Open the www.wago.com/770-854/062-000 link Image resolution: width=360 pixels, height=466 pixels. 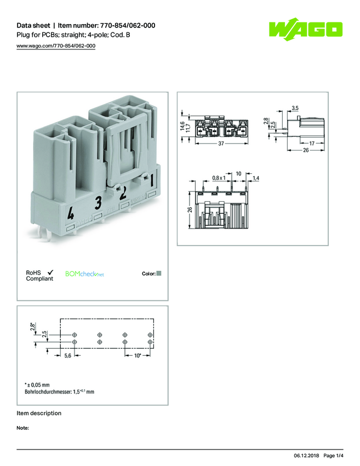(56, 46)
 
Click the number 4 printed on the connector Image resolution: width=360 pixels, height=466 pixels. (70, 213)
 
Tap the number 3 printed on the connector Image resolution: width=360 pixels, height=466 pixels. (98, 202)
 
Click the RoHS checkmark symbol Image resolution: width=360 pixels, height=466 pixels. (50, 272)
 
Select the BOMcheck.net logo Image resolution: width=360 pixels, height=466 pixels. (84, 274)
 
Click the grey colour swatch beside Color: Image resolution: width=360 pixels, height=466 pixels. (159, 273)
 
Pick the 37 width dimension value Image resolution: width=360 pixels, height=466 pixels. (221, 144)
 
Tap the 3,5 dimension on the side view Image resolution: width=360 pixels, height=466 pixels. (295, 107)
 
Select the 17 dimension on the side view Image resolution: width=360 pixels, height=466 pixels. (311, 143)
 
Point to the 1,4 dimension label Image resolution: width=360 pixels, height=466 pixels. (256, 179)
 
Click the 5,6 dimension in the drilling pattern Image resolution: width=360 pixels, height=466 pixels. (68, 356)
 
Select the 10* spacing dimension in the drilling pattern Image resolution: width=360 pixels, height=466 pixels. (138, 356)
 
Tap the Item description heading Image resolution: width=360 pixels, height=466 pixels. (39, 413)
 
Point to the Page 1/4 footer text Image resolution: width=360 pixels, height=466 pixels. (333, 456)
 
